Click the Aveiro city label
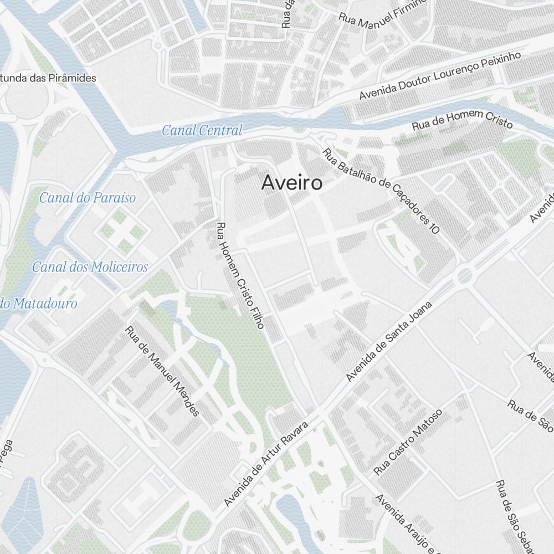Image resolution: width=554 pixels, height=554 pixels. coord(291,182)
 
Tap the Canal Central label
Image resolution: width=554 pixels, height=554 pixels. coord(202,131)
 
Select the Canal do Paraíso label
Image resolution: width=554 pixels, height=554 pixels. coord(87,198)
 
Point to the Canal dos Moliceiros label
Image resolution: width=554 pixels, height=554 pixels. coord(90,267)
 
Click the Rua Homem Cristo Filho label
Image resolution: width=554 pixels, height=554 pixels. coord(240,275)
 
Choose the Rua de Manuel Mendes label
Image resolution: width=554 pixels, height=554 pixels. coord(162,371)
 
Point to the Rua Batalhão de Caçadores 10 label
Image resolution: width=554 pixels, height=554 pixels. coord(381,191)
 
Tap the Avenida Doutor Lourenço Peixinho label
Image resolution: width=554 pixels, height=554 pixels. coord(440,76)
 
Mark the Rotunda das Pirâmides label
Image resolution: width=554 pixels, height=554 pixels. coord(48,78)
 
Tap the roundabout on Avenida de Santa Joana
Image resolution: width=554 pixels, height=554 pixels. coord(464,274)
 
